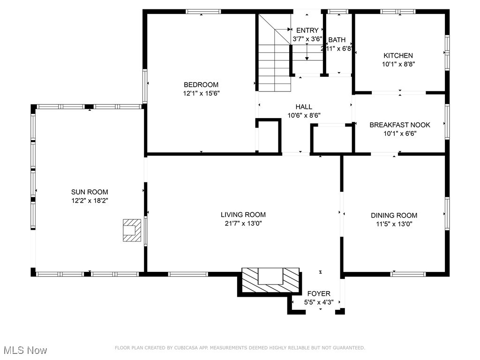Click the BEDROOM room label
coord(201,85)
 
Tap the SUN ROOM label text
coord(90,192)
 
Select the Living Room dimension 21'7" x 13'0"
coord(243,224)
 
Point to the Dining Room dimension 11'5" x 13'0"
coord(394,224)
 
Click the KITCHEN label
coord(398,56)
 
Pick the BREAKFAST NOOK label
coord(399,125)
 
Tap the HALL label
coord(304,107)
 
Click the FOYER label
coord(318,294)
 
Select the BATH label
coord(337,40)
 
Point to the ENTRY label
coord(307,30)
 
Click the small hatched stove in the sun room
coord(131,230)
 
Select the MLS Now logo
coord(25,350)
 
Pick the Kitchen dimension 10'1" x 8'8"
coord(398,64)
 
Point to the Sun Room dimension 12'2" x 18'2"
coord(90,200)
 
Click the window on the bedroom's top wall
coord(203,11)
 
